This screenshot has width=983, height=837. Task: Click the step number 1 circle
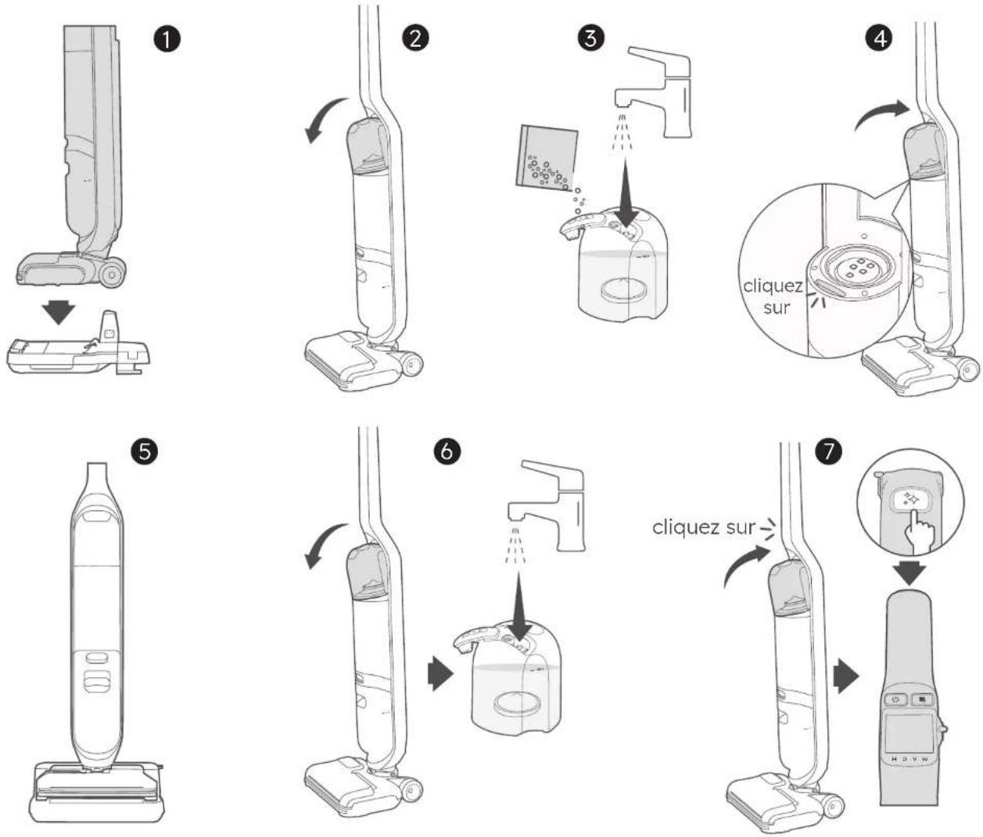tap(167, 39)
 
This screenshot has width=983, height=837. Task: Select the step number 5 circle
tap(145, 451)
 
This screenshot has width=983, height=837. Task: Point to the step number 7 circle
tap(828, 451)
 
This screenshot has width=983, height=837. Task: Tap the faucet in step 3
tap(655, 92)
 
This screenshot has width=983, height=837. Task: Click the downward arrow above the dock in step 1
tap(59, 311)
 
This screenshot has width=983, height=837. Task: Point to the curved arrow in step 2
tap(324, 118)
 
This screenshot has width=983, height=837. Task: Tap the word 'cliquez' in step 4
tap(773, 286)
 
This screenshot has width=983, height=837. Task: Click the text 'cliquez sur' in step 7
tap(703, 527)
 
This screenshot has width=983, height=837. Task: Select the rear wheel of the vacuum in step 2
tap(413, 364)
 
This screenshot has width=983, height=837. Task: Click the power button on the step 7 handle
tap(896, 699)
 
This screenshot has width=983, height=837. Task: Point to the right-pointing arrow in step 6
tap(440, 674)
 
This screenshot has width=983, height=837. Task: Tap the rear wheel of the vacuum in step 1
tap(113, 275)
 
